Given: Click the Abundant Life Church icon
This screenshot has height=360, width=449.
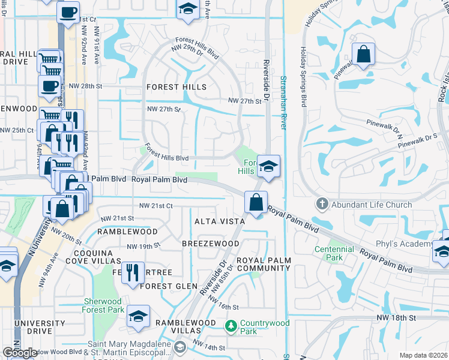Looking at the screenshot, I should pyautogui.click(x=322, y=205).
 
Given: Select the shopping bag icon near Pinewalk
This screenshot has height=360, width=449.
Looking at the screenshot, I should pyautogui.click(x=363, y=54).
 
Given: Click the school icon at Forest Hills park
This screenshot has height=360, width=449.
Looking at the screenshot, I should pyautogui.click(x=268, y=166).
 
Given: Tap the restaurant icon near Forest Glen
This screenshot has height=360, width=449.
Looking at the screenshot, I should pyautogui.click(x=133, y=272).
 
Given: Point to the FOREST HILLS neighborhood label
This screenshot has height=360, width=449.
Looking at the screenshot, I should pyautogui.click(x=176, y=87).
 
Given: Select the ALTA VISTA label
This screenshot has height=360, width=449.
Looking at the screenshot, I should pyautogui.click(x=218, y=221).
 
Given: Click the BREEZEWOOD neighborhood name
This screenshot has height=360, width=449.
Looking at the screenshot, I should pyautogui.click(x=211, y=244).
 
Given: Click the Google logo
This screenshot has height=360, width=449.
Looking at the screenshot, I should pyautogui.click(x=20, y=353).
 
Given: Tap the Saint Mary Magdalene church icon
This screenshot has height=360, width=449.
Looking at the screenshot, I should pyautogui.click(x=180, y=347).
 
